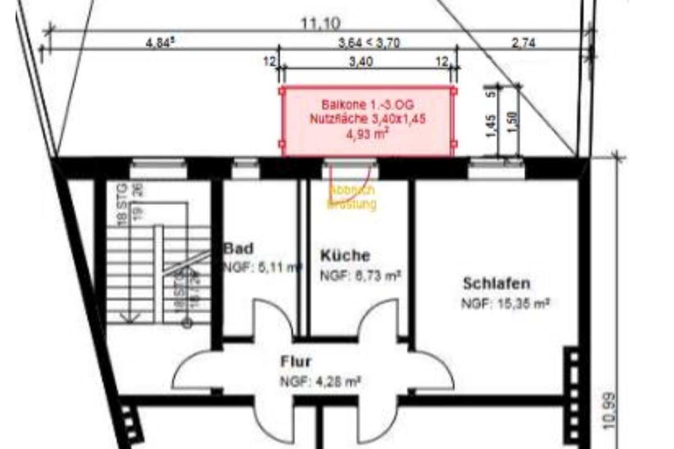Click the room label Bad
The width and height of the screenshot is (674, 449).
click(239, 248)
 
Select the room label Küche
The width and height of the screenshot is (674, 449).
click(345, 255)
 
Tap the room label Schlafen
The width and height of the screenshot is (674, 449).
click(496, 283)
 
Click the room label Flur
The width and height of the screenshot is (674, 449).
click(295, 361)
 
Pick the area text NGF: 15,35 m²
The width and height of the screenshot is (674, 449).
click(504, 304)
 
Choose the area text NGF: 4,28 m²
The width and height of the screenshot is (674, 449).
click(320, 382)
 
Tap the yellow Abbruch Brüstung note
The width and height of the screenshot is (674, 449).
click(352, 198)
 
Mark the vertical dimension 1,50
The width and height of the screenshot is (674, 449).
click(511, 120)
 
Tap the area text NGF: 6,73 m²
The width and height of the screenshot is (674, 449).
click(360, 276)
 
